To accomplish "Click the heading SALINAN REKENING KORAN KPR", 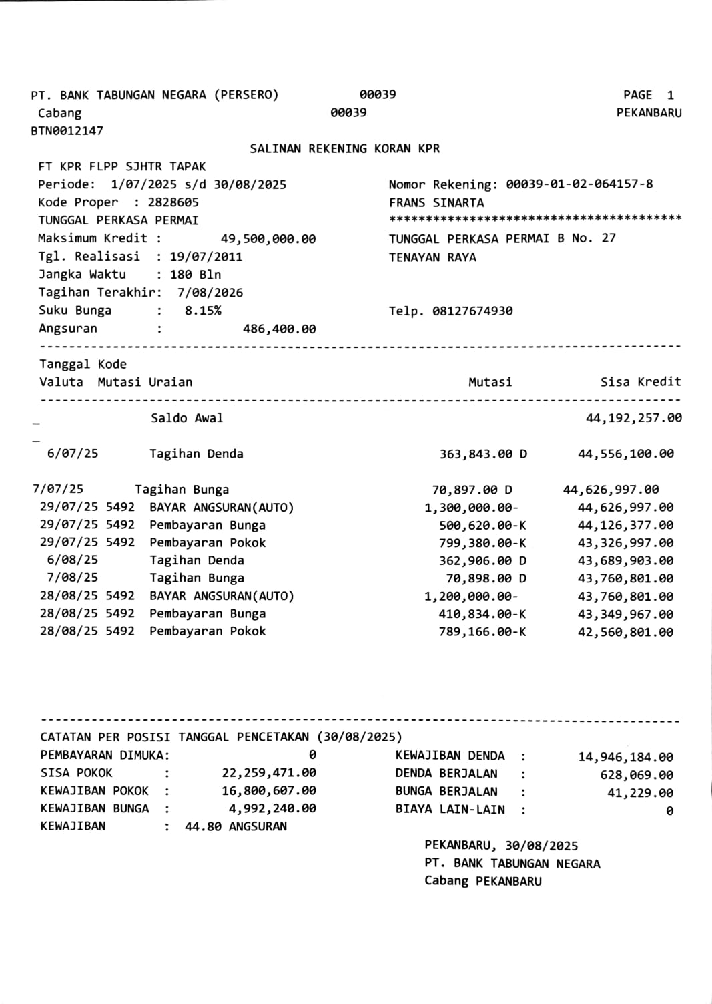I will (x=344, y=148).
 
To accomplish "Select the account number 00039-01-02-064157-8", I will (x=579, y=184).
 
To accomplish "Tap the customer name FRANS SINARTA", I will (x=436, y=202).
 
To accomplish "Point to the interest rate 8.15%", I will (x=203, y=311).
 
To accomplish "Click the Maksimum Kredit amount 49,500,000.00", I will (x=268, y=239).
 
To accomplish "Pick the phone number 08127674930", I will (x=472, y=311).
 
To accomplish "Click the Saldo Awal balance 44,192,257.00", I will (x=633, y=418).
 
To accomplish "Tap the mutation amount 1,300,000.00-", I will (x=471, y=508).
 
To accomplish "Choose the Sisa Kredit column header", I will (x=641, y=382).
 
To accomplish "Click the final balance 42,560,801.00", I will (x=625, y=632).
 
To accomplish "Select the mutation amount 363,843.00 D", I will (x=482, y=454).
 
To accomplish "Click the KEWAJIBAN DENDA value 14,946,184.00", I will (x=625, y=757).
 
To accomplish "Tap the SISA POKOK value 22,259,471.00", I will (x=268, y=773).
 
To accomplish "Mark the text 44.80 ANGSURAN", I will (x=236, y=826).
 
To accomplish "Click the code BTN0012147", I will (x=67, y=131).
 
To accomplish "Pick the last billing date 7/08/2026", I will (x=210, y=293).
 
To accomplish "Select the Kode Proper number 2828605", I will (x=173, y=202).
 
